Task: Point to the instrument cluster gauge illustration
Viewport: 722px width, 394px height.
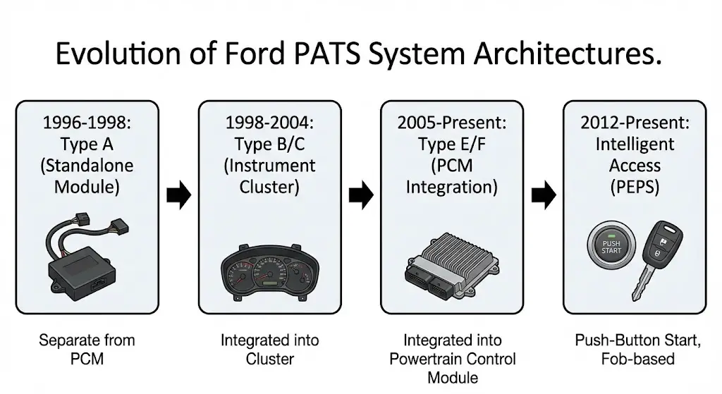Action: (269, 271)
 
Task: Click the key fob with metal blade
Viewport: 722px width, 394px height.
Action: (656, 261)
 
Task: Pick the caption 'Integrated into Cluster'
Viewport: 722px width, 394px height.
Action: (269, 350)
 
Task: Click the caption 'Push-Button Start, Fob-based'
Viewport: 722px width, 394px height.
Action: (635, 350)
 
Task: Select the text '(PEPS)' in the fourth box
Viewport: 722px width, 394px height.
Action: (635, 188)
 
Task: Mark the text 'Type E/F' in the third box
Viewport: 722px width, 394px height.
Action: (451, 144)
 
